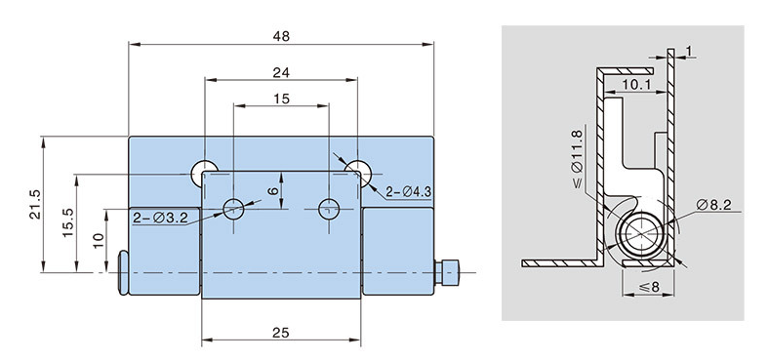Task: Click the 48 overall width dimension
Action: [x=281, y=36]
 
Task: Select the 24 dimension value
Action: [x=281, y=72]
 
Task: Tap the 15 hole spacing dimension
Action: [x=281, y=99]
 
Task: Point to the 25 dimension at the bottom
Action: [x=281, y=333]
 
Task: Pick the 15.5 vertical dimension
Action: [x=67, y=223]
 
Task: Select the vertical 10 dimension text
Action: [x=100, y=240]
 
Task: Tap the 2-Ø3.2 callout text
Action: [x=160, y=218]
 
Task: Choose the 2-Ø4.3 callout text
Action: [x=408, y=192]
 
